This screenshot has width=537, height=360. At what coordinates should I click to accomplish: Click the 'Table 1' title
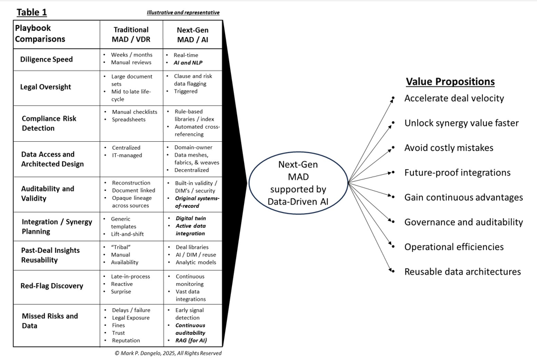[x=32, y=12]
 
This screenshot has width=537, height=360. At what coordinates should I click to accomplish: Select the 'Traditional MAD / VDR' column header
[x=131, y=34]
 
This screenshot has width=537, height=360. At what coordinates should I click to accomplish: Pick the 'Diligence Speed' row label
[x=47, y=59]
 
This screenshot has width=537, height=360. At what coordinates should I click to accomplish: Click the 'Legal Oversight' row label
[x=46, y=87]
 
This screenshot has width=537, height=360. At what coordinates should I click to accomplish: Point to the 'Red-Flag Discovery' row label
[x=52, y=286]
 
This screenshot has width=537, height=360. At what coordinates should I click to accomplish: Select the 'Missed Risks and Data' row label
[x=50, y=321]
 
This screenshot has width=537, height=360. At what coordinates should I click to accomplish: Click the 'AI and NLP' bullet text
[x=188, y=63]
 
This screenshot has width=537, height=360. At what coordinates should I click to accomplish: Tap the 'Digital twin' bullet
[x=191, y=218]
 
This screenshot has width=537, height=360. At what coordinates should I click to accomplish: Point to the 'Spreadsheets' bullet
[x=129, y=120]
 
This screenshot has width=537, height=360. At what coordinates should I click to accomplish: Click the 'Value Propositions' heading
[x=450, y=81]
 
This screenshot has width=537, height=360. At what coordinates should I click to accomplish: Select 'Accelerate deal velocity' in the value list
[x=454, y=98]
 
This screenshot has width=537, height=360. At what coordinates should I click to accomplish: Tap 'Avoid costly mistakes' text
[x=449, y=148]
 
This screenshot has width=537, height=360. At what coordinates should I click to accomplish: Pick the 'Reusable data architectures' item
[x=462, y=272]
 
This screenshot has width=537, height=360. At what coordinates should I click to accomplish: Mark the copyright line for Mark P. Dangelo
[x=168, y=353]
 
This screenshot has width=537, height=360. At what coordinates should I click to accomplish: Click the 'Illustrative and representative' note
[x=183, y=13]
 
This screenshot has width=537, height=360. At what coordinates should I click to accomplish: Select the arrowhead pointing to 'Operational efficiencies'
[x=392, y=247]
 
